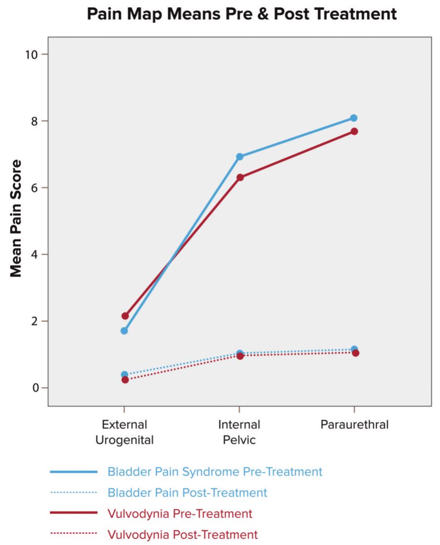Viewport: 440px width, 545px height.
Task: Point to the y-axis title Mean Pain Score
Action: coord(16,218)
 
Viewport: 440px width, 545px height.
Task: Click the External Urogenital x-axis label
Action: coord(124,432)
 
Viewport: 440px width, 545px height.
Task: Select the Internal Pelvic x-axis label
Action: coord(239,432)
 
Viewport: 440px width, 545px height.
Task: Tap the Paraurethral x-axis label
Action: coord(354,425)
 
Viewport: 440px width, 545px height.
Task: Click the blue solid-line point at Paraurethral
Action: coord(354,118)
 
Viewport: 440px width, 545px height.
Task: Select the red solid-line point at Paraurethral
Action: coord(354,131)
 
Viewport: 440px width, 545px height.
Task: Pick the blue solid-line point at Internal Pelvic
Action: coord(240,157)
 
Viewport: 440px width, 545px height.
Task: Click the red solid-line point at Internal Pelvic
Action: coord(240,177)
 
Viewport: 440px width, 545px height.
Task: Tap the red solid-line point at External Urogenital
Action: coord(125,316)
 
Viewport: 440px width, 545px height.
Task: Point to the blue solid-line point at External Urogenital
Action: coord(124,331)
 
